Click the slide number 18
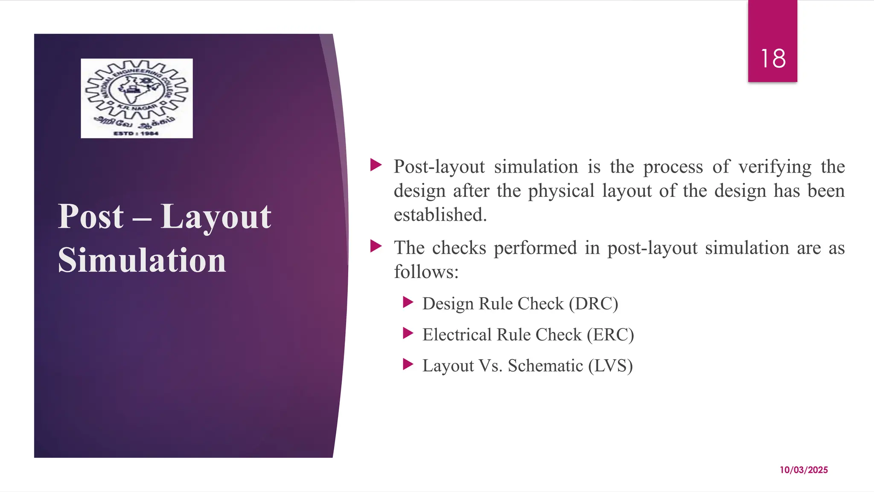[773, 59]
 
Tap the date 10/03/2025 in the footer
[804, 470]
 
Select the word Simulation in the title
[142, 260]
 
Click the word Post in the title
[90, 217]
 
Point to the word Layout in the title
[216, 217]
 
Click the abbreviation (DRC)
[593, 304]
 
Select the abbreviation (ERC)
[610, 335]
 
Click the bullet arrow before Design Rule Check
[408, 303]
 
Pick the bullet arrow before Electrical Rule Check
[408, 334]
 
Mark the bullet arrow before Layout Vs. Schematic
[408, 365]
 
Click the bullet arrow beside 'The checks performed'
[376, 246]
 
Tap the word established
[440, 215]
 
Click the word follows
[426, 272]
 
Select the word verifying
[775, 167]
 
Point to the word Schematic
[545, 366]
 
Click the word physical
[561, 191]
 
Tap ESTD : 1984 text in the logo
[136, 134]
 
